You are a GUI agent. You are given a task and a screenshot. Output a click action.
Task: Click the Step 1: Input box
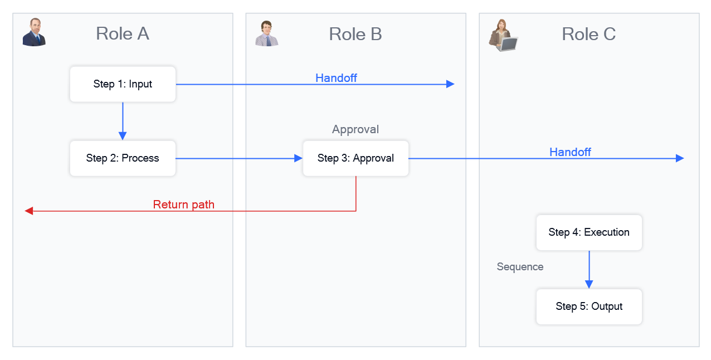coord(123,84)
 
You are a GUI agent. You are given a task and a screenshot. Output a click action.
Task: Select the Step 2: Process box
coord(123,158)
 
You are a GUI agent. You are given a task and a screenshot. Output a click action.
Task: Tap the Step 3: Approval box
coord(356,158)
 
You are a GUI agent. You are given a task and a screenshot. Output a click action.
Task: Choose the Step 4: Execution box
coord(589,232)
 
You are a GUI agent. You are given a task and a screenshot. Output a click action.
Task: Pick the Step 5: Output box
coord(589,307)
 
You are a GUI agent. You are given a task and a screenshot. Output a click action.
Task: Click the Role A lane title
coord(123,34)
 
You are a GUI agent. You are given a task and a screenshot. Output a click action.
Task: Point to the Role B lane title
coord(356,34)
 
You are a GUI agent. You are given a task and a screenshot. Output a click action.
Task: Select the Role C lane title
coord(588,34)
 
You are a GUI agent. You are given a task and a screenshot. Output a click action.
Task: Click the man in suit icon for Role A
coord(35,32)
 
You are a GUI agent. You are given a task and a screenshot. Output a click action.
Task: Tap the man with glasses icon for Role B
coord(267,33)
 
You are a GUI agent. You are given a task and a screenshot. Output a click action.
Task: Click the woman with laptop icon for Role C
coord(503,35)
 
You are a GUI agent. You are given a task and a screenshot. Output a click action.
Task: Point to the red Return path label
coord(184,205)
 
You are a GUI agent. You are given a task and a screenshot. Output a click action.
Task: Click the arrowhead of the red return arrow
coord(29,211)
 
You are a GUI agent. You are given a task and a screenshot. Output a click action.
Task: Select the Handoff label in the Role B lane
coord(336,78)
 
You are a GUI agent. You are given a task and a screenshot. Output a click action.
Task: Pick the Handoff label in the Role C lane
coord(570,152)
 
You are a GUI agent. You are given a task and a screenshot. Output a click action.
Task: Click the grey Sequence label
coord(520,267)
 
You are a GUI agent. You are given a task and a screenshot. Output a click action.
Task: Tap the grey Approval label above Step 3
coord(356,129)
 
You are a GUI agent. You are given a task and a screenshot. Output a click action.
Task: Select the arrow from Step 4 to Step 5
coord(589,269)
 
